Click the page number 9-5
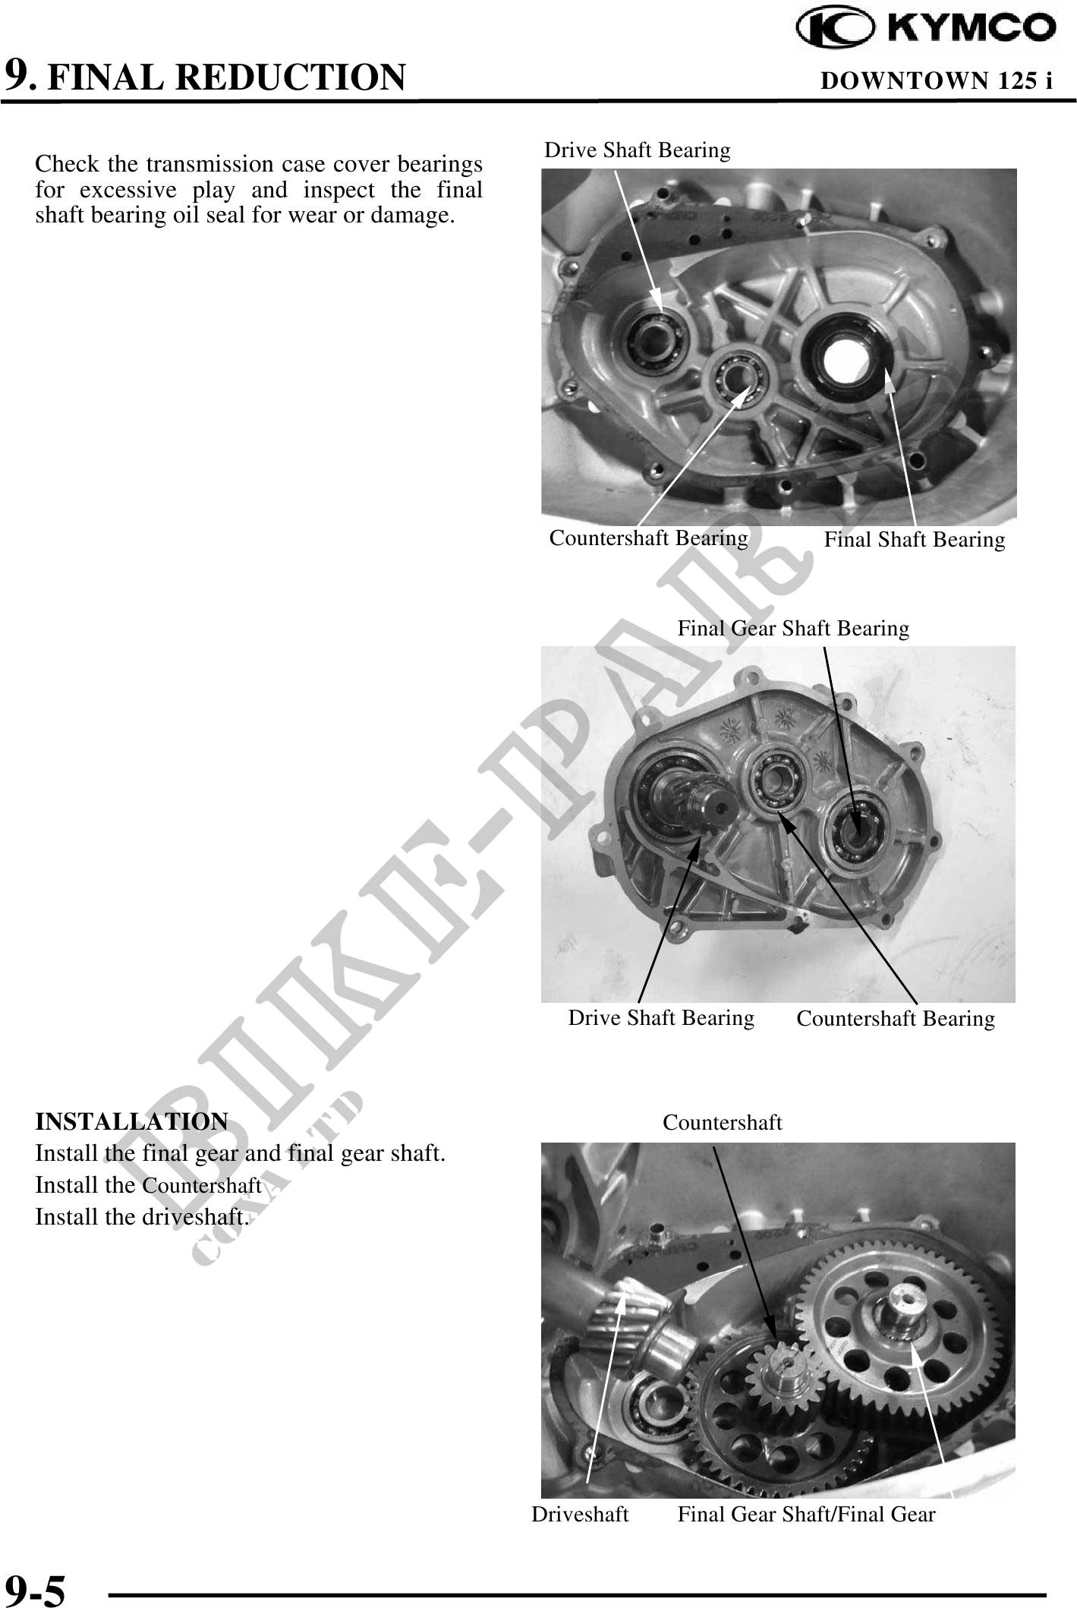[35, 1588]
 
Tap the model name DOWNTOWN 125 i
[937, 80]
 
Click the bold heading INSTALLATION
[131, 1121]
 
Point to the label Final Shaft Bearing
[915, 540]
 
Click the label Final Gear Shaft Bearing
[793, 629]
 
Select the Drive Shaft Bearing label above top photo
[638, 150]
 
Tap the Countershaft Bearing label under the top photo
[649, 538]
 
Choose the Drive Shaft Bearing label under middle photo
[661, 1018]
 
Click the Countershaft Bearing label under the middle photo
[896, 1019]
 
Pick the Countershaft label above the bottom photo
[722, 1122]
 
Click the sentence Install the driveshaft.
[142, 1217]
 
